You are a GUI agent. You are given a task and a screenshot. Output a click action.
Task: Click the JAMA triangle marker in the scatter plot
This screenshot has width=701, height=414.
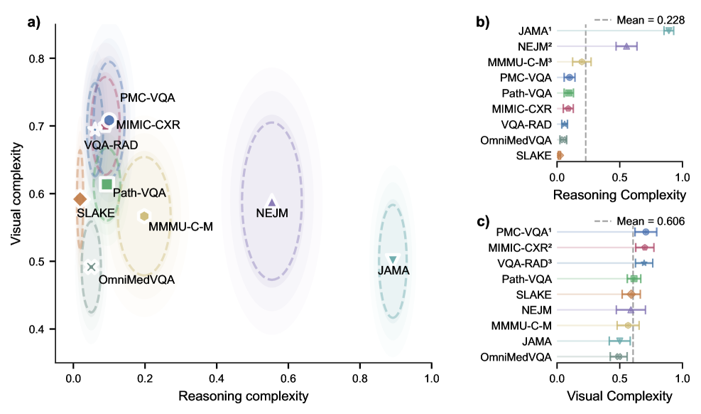pyautogui.click(x=393, y=260)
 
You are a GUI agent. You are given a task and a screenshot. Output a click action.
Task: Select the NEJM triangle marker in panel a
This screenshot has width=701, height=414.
pyautogui.click(x=271, y=202)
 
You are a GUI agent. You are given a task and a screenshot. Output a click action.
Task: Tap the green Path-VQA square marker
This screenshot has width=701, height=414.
pyautogui.click(x=107, y=185)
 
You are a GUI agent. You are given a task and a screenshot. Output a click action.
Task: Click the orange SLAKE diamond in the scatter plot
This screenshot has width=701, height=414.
pyautogui.click(x=80, y=198)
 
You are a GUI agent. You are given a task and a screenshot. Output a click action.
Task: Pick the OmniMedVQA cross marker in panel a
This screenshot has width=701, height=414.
pyautogui.click(x=91, y=267)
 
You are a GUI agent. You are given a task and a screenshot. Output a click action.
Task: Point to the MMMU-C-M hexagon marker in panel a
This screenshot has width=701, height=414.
pyautogui.click(x=144, y=216)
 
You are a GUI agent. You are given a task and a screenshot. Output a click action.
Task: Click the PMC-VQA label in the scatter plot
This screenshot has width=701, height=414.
pyautogui.click(x=147, y=97)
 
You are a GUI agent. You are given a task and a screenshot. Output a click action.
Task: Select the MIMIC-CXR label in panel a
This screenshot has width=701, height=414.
pyautogui.click(x=148, y=125)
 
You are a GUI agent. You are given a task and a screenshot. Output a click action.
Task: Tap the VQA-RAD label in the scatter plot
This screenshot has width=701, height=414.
pyautogui.click(x=108, y=145)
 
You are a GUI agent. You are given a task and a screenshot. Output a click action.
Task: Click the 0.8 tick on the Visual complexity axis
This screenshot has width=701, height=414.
pyautogui.click(x=39, y=58)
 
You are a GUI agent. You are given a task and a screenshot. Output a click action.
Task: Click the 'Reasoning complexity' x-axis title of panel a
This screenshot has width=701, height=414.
pyautogui.click(x=243, y=396)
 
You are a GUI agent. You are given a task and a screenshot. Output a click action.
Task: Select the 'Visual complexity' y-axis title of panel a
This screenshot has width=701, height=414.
pyautogui.click(x=16, y=193)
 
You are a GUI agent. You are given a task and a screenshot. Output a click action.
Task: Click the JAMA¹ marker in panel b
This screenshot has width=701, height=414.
pyautogui.click(x=668, y=31)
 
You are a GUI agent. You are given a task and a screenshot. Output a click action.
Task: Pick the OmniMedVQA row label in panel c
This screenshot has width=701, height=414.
pyautogui.click(x=516, y=356)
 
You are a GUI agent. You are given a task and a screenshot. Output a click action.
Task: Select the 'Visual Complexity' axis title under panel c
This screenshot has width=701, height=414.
pyautogui.click(x=619, y=396)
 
